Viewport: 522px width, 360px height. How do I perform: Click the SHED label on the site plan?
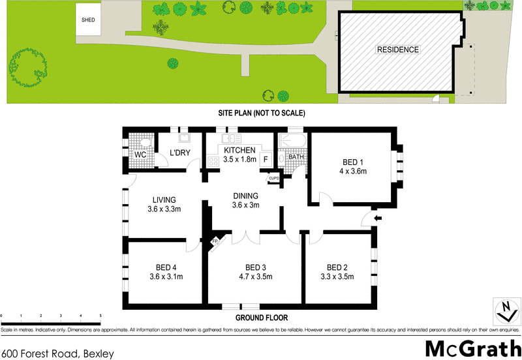point(88,20)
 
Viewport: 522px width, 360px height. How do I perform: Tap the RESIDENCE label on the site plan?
point(397,50)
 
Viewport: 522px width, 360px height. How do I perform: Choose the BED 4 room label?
point(166,267)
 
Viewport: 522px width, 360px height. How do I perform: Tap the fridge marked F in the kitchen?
point(266,158)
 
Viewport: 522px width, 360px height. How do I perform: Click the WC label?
point(140,155)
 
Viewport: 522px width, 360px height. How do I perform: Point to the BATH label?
point(296,157)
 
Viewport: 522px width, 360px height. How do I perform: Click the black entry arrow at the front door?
point(377,218)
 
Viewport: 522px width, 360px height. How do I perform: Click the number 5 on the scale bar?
point(100,316)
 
